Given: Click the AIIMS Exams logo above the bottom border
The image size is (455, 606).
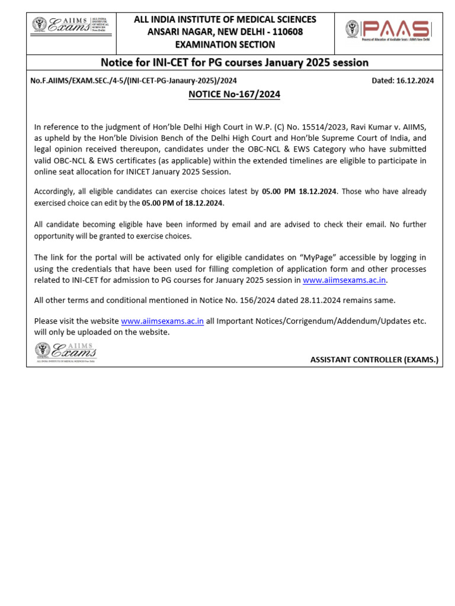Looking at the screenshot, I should click(x=65, y=352).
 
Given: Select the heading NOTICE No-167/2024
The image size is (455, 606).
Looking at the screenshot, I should click(x=234, y=94).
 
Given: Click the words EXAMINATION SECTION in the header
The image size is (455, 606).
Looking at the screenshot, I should click(x=225, y=44).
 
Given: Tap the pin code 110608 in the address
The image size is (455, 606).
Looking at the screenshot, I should click(x=287, y=32).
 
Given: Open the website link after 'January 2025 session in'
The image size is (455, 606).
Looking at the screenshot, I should click(x=344, y=280).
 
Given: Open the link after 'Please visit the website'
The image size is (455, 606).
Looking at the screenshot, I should click(x=162, y=321).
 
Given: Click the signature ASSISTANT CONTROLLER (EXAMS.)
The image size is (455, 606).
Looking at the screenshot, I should click(x=374, y=359).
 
